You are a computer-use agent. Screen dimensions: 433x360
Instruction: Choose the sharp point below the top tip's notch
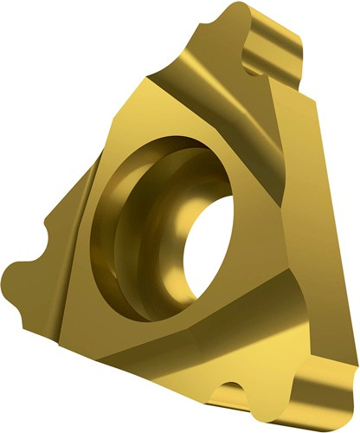click(x=260, y=82)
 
